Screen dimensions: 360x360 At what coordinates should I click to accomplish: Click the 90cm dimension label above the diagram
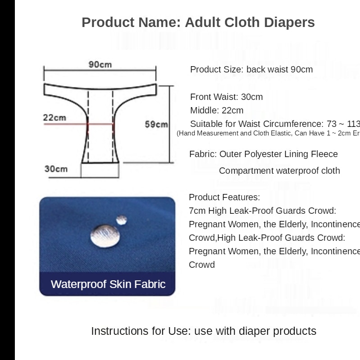click(100, 64)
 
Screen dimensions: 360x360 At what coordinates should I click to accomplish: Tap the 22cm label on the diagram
click(54, 118)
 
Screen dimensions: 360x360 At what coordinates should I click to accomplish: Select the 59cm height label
click(156, 124)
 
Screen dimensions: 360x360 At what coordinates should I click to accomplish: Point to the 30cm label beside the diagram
click(56, 169)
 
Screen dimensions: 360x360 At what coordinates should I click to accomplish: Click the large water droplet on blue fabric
click(105, 234)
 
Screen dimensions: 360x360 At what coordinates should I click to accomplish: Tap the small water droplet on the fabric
click(121, 220)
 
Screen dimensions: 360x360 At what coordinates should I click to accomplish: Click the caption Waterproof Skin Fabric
click(108, 284)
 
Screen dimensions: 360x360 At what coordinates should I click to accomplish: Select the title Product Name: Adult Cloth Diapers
click(198, 22)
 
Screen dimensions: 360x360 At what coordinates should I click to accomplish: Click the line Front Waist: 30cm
click(226, 97)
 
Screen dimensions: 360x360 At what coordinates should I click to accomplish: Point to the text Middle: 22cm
click(216, 110)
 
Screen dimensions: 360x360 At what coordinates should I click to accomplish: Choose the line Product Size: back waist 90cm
click(251, 69)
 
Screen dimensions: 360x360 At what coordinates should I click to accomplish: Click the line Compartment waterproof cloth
click(279, 171)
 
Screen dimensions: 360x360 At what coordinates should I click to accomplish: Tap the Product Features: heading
click(224, 197)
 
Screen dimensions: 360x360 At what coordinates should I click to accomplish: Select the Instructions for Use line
click(203, 331)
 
